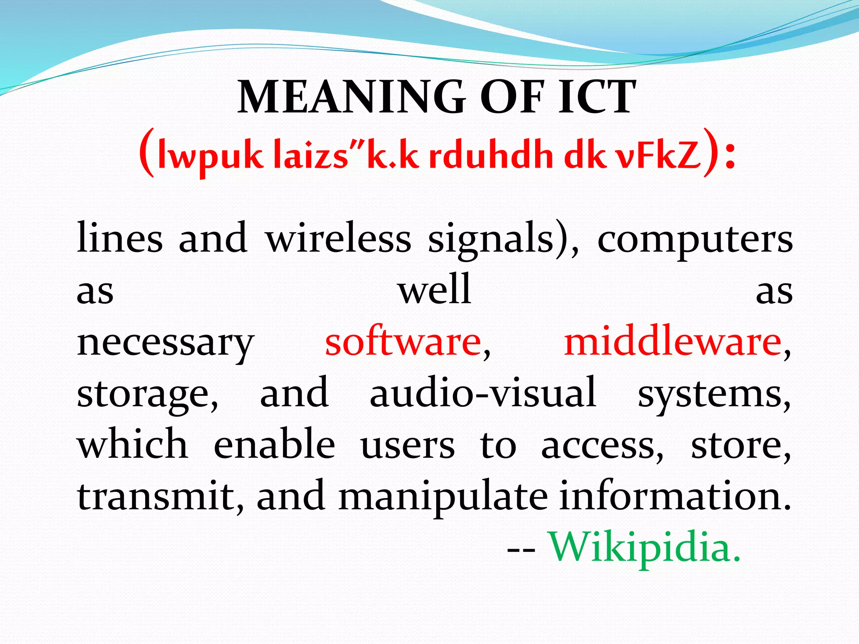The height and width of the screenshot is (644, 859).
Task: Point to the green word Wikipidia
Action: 645,548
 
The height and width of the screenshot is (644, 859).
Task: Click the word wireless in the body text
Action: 338,238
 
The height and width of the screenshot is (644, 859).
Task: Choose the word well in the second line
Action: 435,290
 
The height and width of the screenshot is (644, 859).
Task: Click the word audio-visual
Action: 483,393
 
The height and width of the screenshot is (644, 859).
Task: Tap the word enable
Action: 274,444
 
